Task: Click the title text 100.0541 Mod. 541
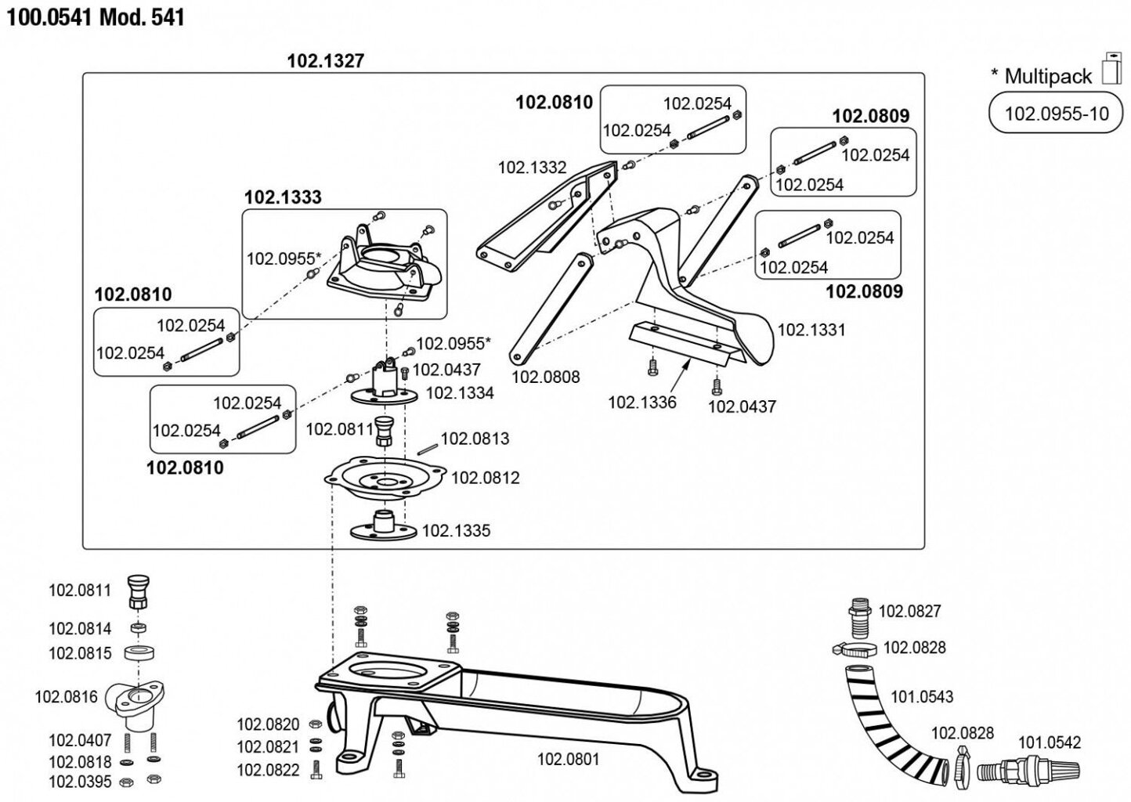point(96,17)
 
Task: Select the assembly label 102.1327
point(326,61)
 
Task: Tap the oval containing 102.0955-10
point(1057,114)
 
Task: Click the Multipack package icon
point(1111,68)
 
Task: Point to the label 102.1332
point(532,168)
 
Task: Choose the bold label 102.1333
point(283,197)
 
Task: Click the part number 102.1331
point(811,330)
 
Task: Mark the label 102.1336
point(641,403)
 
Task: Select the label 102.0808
point(546,378)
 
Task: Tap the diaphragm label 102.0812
point(486,478)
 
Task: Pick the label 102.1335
point(456,531)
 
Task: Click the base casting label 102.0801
point(568,759)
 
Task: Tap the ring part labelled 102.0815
point(139,652)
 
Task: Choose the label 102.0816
point(67,696)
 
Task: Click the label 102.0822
point(268,771)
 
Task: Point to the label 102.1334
point(460,393)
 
